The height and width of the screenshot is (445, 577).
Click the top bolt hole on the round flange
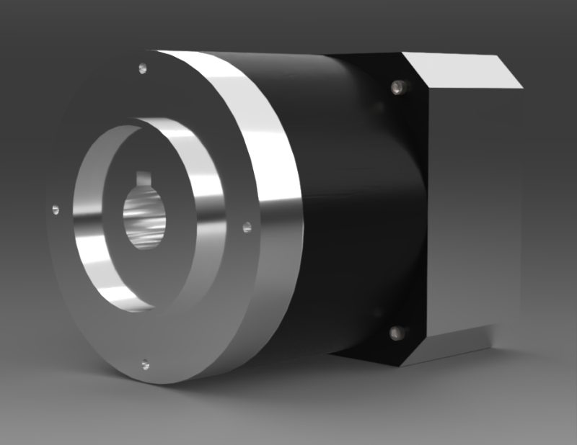pos(142,69)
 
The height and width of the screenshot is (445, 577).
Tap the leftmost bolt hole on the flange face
pos(56,210)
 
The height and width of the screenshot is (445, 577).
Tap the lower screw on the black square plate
pos(395,333)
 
